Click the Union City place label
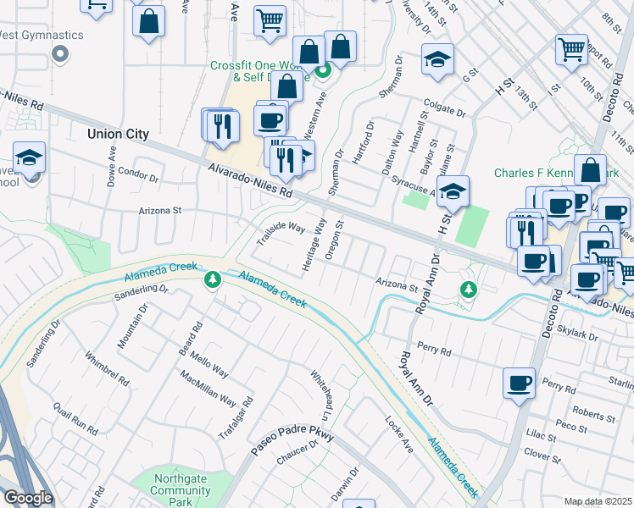[x=119, y=134]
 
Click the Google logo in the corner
[x=27, y=498]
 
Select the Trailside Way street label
[x=281, y=233]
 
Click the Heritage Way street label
[x=314, y=246]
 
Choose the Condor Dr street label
[x=138, y=177]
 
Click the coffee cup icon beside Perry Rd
[x=519, y=382]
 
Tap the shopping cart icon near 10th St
[x=571, y=48]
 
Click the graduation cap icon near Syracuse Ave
[x=454, y=191]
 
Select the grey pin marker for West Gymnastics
[x=59, y=55]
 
